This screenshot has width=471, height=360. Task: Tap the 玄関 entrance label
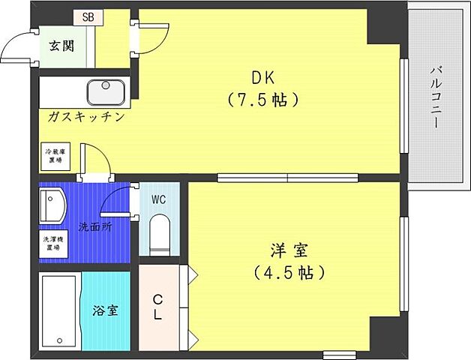pos(61,46)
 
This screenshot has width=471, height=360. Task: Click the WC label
pos(159,200)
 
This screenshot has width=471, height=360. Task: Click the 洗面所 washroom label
pos(94,226)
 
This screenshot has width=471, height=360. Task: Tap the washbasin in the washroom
pos(52,204)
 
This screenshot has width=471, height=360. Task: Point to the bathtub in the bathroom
pos(58,310)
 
